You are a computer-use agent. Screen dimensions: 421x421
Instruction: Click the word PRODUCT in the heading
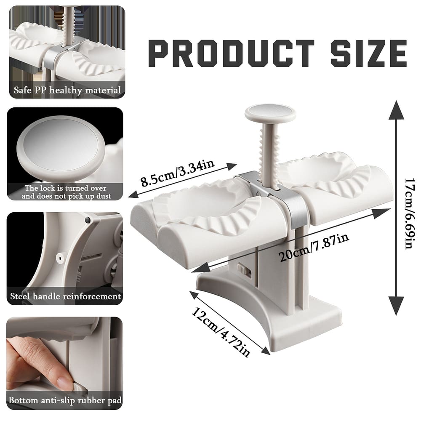(x=231, y=53)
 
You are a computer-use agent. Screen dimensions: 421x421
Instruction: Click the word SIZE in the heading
(x=369, y=53)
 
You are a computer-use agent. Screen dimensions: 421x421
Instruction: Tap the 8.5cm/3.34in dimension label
(x=178, y=173)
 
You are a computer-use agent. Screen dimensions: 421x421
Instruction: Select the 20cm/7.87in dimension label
(x=314, y=247)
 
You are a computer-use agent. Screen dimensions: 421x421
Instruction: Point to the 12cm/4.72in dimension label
(x=221, y=332)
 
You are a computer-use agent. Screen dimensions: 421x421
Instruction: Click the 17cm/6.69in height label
(x=410, y=213)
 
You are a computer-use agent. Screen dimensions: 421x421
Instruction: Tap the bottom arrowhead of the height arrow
(x=396, y=306)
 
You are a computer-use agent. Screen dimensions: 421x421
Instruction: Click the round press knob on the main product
(x=270, y=113)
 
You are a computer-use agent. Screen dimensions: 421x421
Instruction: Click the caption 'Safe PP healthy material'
(x=67, y=90)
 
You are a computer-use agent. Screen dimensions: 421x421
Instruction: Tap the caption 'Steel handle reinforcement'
(x=66, y=296)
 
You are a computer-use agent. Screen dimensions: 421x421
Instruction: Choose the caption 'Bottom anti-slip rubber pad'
(x=65, y=400)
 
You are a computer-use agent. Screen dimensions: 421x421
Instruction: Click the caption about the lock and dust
(x=67, y=192)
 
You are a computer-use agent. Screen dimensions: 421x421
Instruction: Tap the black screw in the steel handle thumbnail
(x=87, y=220)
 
